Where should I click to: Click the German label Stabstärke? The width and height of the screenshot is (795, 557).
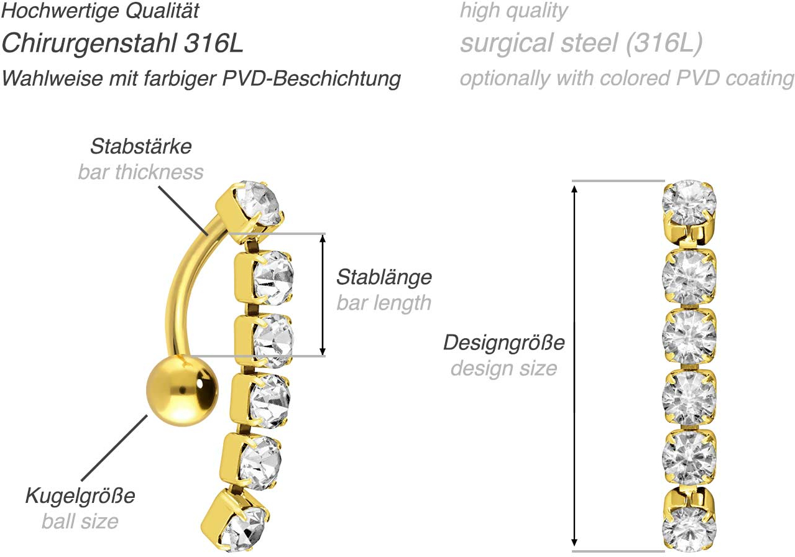point(141,146)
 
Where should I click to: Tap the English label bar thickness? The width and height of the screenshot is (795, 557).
point(140,172)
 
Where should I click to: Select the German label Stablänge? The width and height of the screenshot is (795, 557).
point(384,278)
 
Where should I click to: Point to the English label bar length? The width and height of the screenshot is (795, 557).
point(384,303)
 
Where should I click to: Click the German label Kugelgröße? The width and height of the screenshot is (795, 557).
point(80,495)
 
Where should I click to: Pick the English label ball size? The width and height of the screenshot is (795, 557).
point(80,522)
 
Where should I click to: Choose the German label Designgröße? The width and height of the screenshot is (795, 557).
point(504,343)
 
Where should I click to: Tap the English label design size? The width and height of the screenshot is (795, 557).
point(504,369)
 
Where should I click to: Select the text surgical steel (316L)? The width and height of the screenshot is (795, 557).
point(581,44)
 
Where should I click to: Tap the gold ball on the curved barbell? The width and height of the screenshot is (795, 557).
point(182,391)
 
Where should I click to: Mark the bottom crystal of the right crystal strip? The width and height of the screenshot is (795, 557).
point(689,530)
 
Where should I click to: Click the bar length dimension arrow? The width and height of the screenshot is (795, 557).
point(323,295)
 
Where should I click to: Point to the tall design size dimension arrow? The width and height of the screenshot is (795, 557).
point(574,366)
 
